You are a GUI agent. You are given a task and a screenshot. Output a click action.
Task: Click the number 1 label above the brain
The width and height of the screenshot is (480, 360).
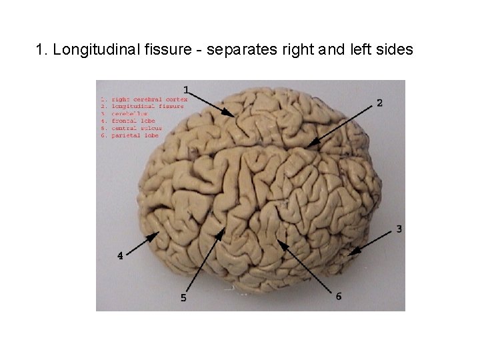[x=187, y=89]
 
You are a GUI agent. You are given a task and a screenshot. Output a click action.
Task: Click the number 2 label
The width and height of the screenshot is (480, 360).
[x=379, y=103]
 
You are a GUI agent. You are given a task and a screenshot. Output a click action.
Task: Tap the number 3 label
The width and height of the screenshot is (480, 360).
[x=399, y=229]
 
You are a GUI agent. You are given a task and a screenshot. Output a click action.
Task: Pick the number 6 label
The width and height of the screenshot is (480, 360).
[x=339, y=297]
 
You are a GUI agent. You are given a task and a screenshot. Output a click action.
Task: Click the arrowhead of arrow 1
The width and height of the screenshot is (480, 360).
[x=233, y=116]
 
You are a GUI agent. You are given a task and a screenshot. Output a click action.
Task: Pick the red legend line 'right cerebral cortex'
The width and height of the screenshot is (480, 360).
[x=143, y=99]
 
